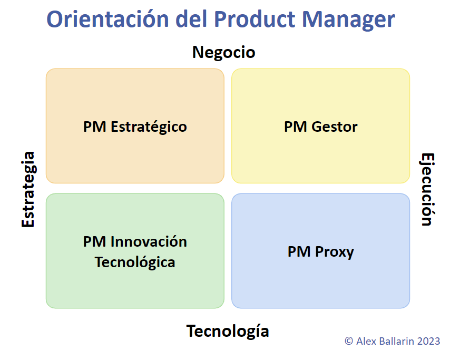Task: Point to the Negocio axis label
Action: coord(223,52)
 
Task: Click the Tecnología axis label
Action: coord(228,331)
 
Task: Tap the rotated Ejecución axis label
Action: coord(427,189)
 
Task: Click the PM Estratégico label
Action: coord(135,127)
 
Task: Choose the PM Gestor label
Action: coord(320,127)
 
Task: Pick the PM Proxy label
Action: coord(320,251)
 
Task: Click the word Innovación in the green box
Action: coord(149,241)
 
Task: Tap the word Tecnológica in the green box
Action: coord(135,262)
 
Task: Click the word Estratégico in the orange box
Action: coord(149,127)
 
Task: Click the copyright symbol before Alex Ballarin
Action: coord(349,341)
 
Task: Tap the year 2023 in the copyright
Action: coord(428,341)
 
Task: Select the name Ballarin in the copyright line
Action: coord(396,341)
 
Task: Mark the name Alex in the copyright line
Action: coord(365,341)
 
